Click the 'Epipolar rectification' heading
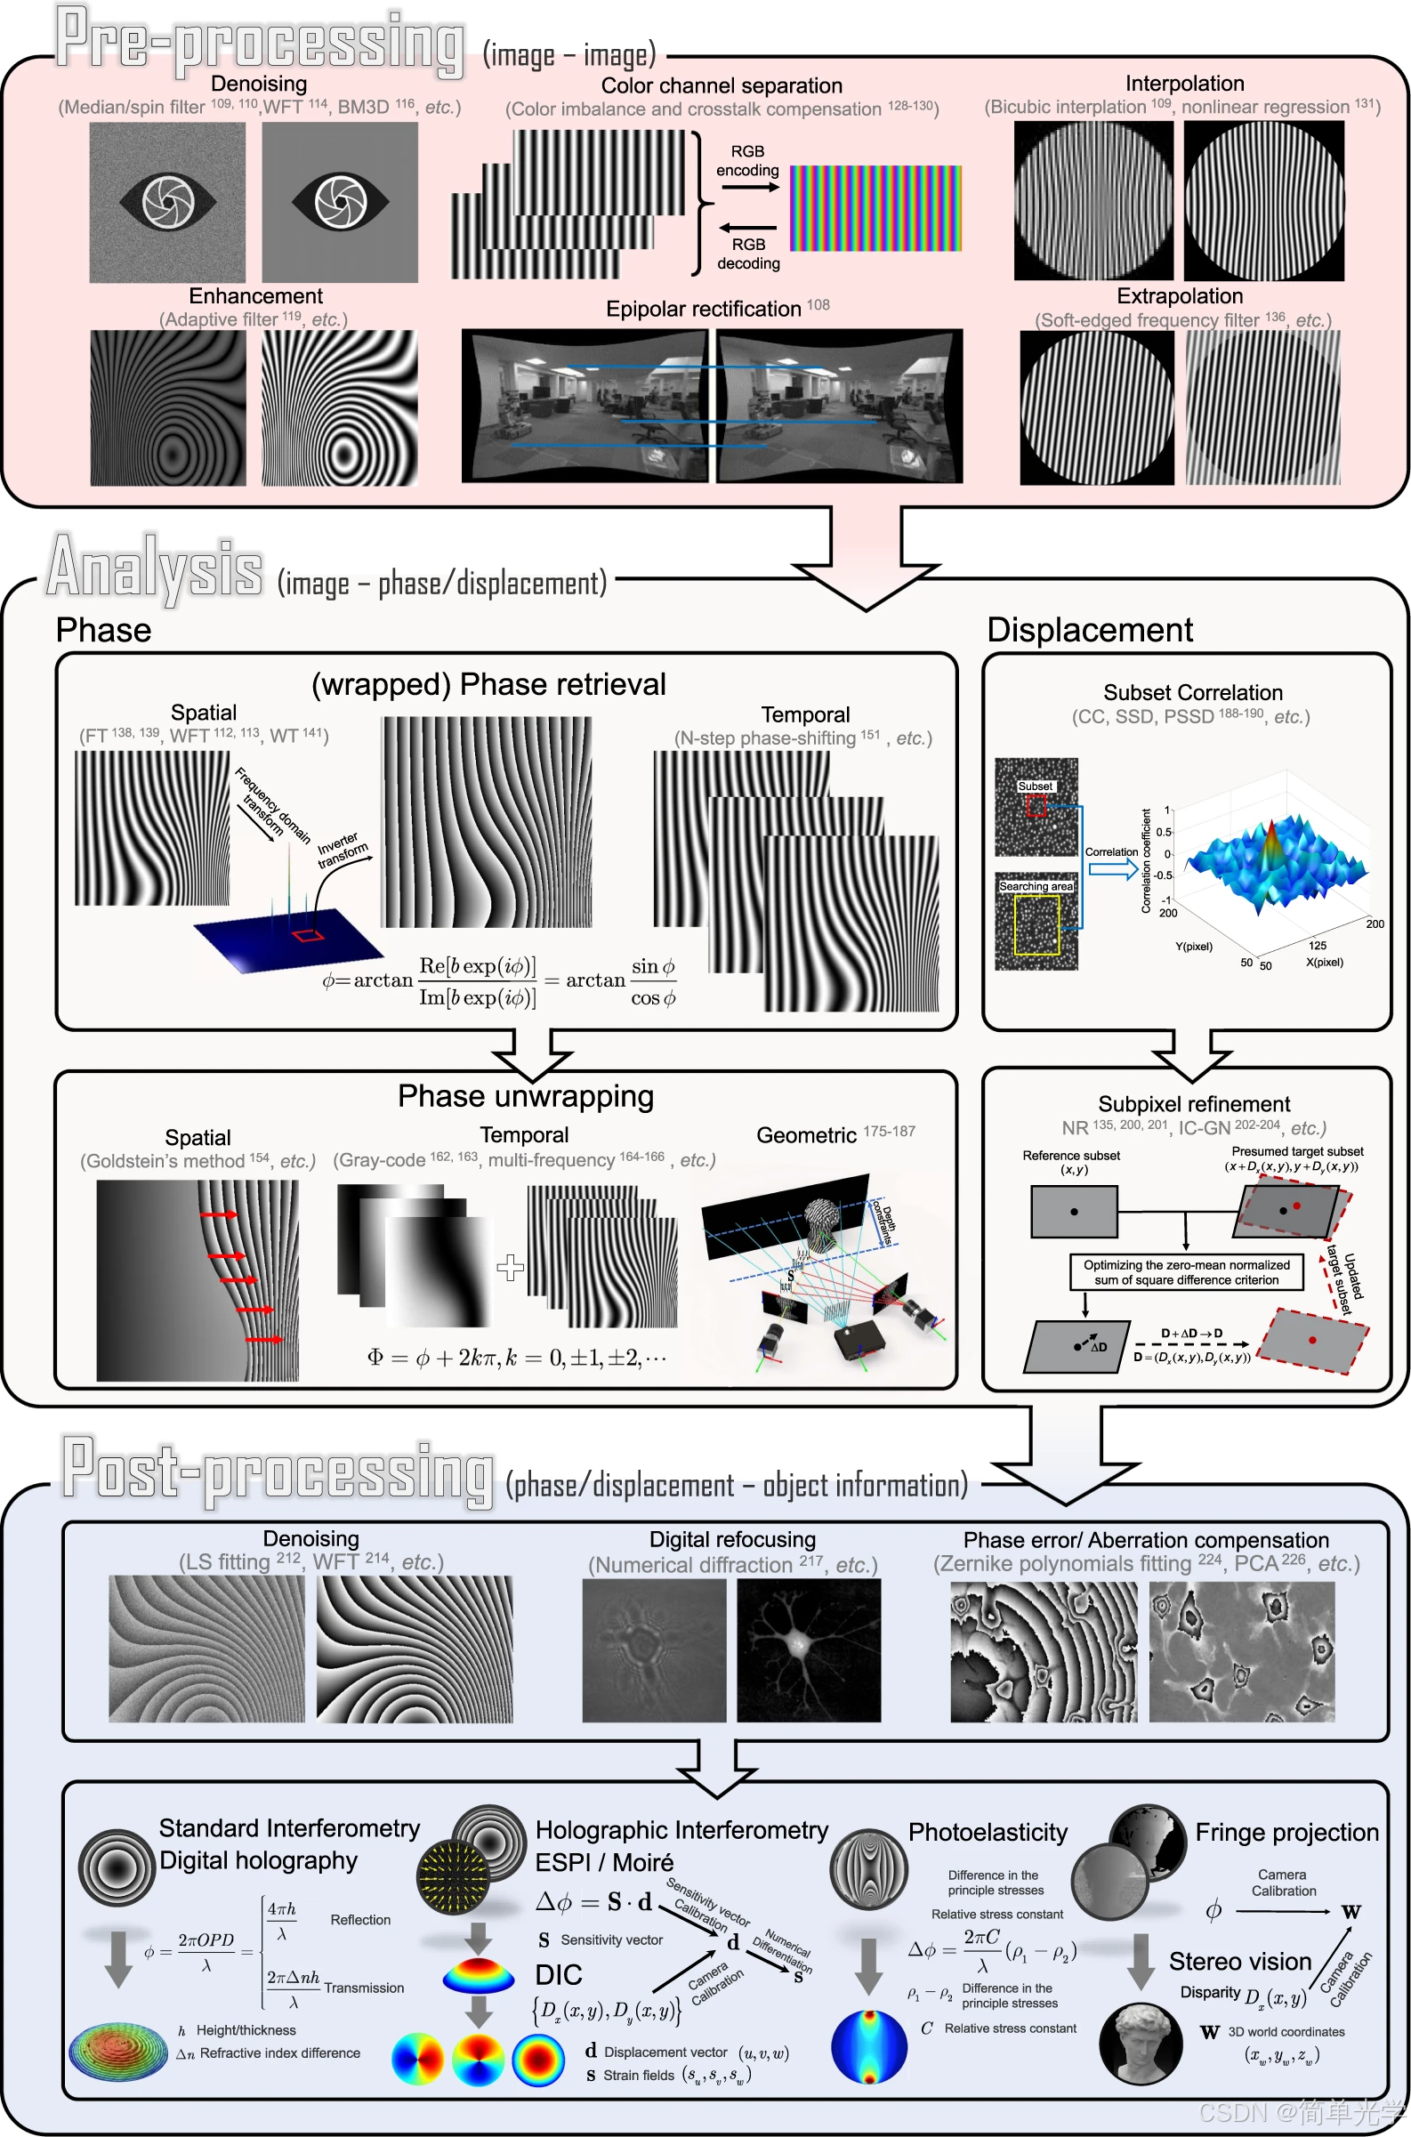pyautogui.click(x=704, y=310)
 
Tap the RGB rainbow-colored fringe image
pyautogui.click(x=875, y=208)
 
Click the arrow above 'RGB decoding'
pyautogui.click(x=748, y=228)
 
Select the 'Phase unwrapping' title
pyautogui.click(x=526, y=1096)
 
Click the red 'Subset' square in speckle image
pyautogui.click(x=1036, y=805)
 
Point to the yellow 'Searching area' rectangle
pyautogui.click(x=1036, y=924)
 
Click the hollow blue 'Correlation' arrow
pyautogui.click(x=1113, y=869)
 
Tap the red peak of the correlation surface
pyautogui.click(x=1270, y=842)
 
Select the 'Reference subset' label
pyautogui.click(x=1071, y=1156)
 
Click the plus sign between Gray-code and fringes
pyautogui.click(x=511, y=1267)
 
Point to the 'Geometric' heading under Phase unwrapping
pyautogui.click(x=805, y=1135)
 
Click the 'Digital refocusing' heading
pyautogui.click(x=732, y=1539)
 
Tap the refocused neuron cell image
pyautogui.click(x=808, y=1650)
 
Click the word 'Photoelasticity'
pyautogui.click(x=988, y=1832)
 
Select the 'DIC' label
pyautogui.click(x=558, y=1975)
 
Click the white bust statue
pyautogui.click(x=1142, y=2042)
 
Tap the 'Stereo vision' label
pyautogui.click(x=1239, y=1962)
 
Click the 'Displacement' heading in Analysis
pyautogui.click(x=1089, y=630)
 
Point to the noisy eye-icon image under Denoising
pyautogui.click(x=167, y=203)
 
